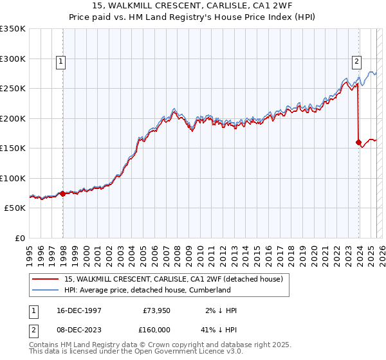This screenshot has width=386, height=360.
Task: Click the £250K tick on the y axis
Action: point(13,89)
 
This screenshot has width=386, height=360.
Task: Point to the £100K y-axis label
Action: point(13,178)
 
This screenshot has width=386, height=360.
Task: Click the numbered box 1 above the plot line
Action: point(60,62)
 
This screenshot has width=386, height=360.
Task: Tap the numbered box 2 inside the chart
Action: point(356,62)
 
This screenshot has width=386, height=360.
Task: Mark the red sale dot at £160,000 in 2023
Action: point(358,143)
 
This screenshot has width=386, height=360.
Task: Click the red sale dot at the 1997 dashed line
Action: point(62,194)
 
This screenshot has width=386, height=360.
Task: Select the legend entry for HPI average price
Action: point(147,291)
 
